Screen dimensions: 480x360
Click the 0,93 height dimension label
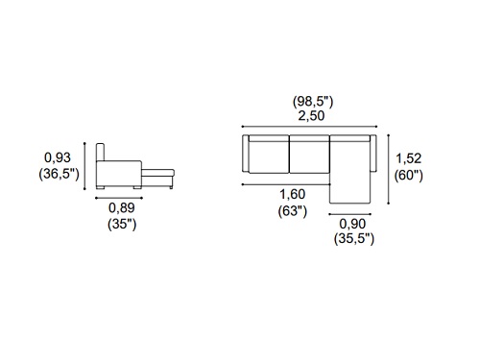pyautogui.click(x=58, y=157)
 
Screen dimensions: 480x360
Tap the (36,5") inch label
pyautogui.click(x=59, y=174)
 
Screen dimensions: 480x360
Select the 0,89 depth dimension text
pyautogui.click(x=122, y=208)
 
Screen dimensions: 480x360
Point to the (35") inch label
pyautogui.click(x=122, y=224)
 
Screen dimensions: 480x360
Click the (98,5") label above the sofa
pyautogui.click(x=313, y=102)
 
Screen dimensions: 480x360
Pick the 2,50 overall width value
pyautogui.click(x=311, y=116)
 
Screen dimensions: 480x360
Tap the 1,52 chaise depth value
pyautogui.click(x=409, y=158)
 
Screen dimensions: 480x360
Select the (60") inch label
pyautogui.click(x=409, y=176)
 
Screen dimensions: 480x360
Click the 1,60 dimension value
pyautogui.click(x=293, y=194)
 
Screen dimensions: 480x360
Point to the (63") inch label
pyautogui.click(x=293, y=211)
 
